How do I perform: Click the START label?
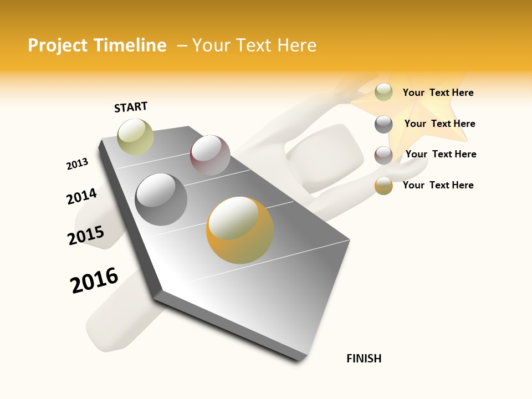131,107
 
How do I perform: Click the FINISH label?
364,359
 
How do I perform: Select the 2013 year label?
77,164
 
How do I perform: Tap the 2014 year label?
81,196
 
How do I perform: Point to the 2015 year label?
86,236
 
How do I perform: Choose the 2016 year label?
94,280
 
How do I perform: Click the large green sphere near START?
135,136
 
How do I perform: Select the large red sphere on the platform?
210,155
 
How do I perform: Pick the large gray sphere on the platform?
161,199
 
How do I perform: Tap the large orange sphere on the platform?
240,230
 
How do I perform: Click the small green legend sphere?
383,92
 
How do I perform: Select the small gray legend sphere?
383,124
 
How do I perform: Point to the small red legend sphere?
383,155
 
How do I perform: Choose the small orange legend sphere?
383,186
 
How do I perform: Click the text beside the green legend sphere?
438,93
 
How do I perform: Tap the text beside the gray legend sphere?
439,124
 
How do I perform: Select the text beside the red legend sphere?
441,154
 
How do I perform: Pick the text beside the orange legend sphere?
438,185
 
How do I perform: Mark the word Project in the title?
58,45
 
